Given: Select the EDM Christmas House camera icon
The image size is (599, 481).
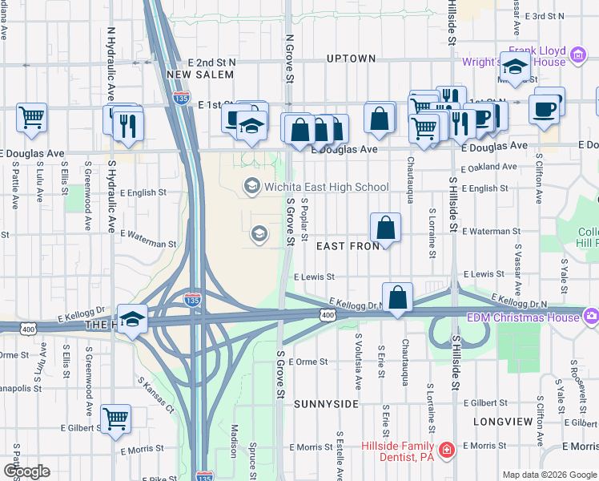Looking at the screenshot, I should [591, 315].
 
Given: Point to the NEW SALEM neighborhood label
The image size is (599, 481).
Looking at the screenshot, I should [200, 75].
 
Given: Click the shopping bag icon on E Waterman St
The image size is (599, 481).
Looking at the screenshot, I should [386, 228].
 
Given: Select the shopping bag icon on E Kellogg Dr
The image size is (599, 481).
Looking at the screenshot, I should [397, 298].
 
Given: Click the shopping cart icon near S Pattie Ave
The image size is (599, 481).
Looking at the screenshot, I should [31, 117].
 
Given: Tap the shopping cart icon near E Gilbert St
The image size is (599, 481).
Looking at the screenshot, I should [116, 418].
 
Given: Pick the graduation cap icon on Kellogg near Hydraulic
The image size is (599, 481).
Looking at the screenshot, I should [132, 318].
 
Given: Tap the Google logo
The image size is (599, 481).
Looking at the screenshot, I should [26, 471].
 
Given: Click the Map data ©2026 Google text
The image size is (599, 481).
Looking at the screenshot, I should [549, 475].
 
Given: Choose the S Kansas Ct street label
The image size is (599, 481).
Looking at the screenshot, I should [155, 396].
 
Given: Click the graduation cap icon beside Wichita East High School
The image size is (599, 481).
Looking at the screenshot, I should [251, 187].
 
